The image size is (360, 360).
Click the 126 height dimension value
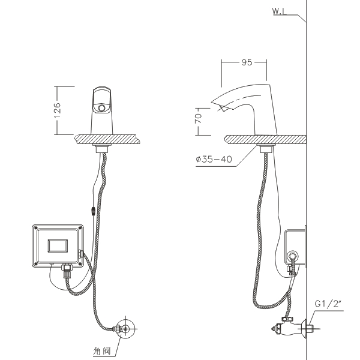58,110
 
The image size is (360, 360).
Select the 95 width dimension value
247,62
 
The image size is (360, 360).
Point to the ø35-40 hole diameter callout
214,159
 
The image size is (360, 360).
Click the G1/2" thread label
329,304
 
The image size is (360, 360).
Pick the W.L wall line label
280,11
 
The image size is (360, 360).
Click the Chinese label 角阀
102,351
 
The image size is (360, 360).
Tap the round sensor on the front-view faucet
101,107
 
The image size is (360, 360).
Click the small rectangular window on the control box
58,246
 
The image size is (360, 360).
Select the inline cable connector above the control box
93,211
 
